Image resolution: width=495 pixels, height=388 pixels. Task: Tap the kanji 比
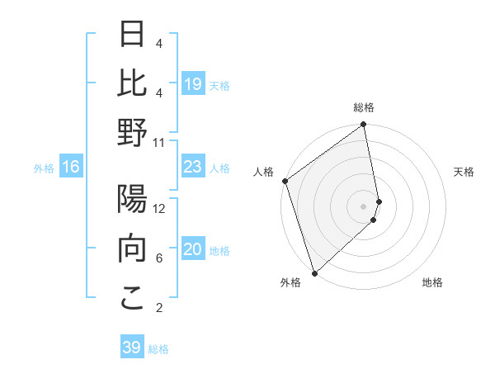click(132, 84)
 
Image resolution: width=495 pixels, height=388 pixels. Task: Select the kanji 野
click(132, 134)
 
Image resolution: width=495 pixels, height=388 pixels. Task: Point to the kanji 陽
click(132, 201)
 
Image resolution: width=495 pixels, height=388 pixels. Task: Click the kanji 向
click(132, 248)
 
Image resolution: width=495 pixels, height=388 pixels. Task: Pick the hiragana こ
click(132, 298)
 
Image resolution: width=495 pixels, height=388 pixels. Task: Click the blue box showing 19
click(192, 84)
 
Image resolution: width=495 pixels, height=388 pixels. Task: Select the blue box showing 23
click(192, 168)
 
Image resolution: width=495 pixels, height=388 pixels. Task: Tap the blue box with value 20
click(192, 250)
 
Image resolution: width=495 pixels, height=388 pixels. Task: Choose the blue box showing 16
click(71, 168)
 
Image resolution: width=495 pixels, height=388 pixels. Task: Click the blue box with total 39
click(131, 348)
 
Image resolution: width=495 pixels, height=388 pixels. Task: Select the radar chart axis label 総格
click(364, 107)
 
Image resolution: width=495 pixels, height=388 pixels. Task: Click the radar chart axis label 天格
click(464, 172)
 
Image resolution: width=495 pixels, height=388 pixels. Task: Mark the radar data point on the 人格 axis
click(285, 181)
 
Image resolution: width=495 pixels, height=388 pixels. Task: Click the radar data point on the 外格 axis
click(314, 272)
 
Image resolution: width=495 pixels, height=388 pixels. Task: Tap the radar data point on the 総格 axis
click(364, 125)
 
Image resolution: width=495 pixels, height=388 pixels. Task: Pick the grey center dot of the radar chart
click(364, 206)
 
